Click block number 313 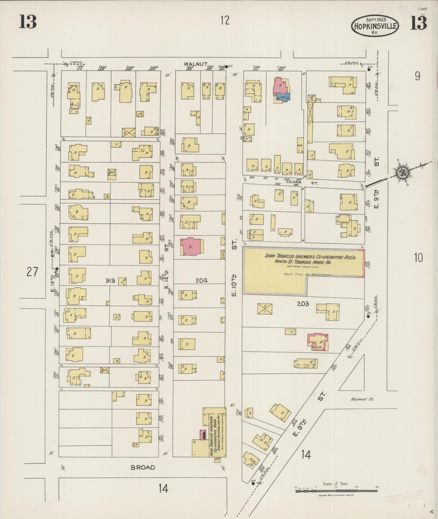click(111, 281)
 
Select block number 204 click(201, 281)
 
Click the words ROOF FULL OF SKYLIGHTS click(308, 275)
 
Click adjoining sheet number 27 click(32, 272)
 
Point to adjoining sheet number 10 click(418, 257)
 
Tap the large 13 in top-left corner click(27, 22)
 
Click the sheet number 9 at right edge click(417, 76)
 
